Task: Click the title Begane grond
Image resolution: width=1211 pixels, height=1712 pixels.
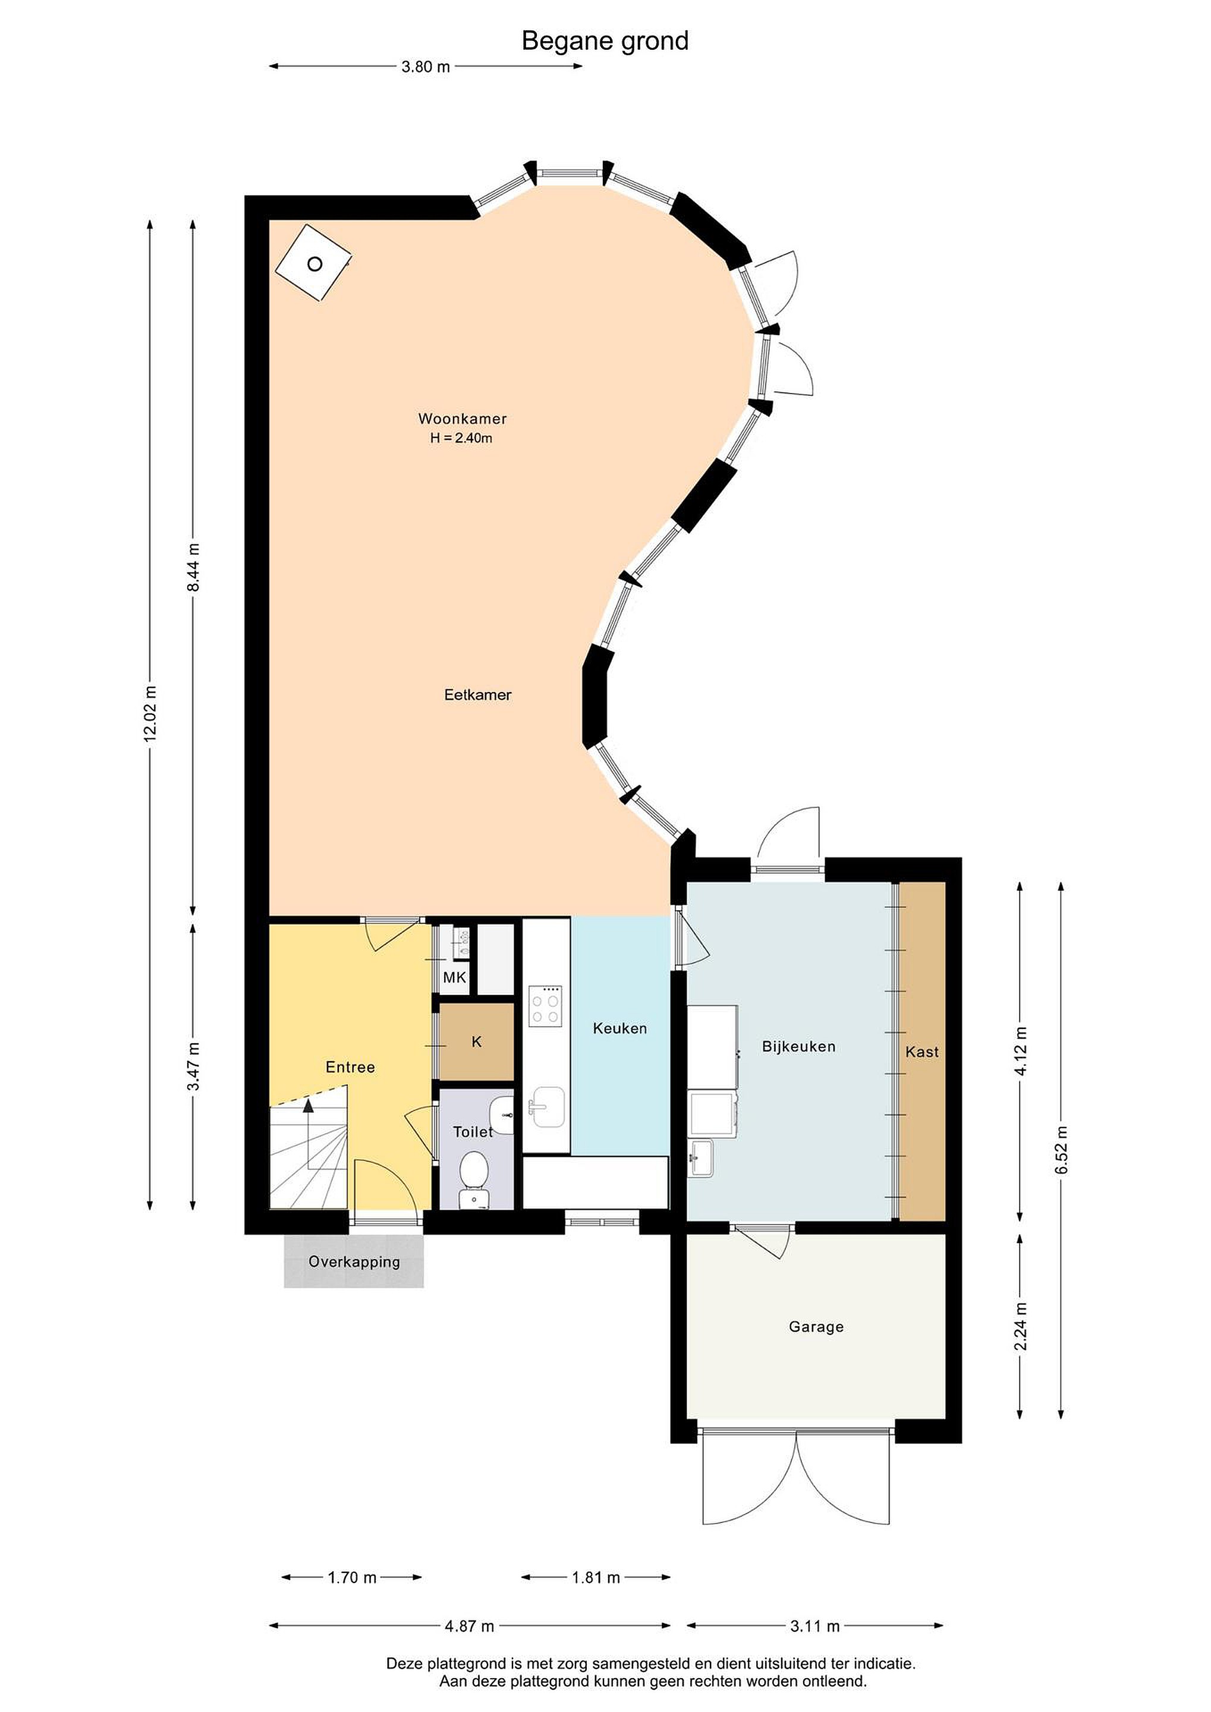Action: (x=605, y=41)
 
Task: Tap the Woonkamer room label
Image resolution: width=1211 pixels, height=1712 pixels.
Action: (x=463, y=419)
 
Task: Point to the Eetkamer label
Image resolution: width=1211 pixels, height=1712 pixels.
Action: (x=478, y=695)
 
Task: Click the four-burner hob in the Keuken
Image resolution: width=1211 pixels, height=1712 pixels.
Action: (x=545, y=1006)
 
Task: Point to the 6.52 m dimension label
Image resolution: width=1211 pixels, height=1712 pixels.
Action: (x=1061, y=1150)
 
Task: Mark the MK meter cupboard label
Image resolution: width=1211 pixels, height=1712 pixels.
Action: (x=454, y=977)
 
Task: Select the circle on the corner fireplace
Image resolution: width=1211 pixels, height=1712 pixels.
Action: (x=314, y=264)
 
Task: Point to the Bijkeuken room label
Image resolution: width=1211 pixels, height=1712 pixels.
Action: (x=798, y=1046)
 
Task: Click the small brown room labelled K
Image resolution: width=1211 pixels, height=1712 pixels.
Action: (x=477, y=1041)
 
